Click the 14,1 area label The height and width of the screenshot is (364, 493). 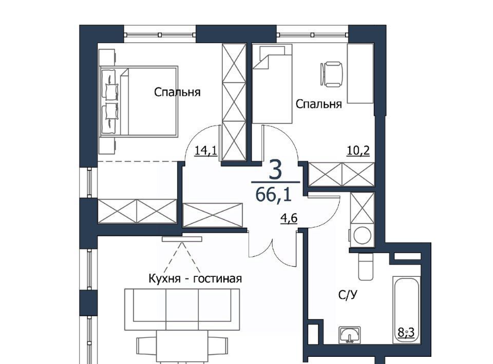click(x=206, y=151)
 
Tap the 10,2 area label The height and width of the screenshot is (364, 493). click(x=358, y=151)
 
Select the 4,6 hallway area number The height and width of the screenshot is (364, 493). click(x=289, y=217)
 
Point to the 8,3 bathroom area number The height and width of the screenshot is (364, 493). click(x=406, y=332)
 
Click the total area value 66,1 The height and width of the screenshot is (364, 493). click(x=274, y=194)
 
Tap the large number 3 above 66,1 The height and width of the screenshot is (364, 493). click(x=275, y=171)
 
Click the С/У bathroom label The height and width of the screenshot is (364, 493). click(x=348, y=295)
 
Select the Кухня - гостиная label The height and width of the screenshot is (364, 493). click(x=195, y=279)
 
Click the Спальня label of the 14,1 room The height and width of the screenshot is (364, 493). click(x=177, y=92)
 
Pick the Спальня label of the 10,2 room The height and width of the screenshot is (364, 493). click(x=319, y=104)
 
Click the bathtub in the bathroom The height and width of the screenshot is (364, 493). click(x=406, y=310)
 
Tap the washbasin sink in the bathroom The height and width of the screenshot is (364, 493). click(x=350, y=334)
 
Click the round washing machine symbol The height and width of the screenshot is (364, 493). click(x=362, y=235)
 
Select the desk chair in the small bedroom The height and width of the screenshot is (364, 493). click(x=331, y=74)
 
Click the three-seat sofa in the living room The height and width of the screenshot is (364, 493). click(x=182, y=310)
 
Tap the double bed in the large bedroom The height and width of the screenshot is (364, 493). click(x=139, y=102)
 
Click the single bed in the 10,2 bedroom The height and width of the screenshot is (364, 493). click(x=273, y=84)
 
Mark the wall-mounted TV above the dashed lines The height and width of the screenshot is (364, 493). click(x=182, y=239)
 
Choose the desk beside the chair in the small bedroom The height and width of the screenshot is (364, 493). click(x=360, y=74)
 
